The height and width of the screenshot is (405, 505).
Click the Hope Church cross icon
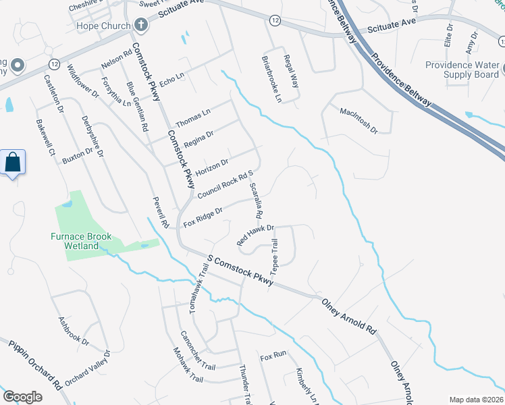click(x=141, y=26)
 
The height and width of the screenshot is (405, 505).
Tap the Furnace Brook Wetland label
click(x=84, y=241)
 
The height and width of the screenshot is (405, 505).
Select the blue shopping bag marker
click(x=13, y=163)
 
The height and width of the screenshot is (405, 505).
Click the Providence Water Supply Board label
click(x=462, y=70)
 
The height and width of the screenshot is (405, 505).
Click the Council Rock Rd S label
click(x=225, y=184)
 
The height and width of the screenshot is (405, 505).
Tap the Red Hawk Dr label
click(x=255, y=234)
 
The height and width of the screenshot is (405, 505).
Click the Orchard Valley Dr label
click(x=86, y=368)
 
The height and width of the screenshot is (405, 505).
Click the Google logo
click(x=22, y=397)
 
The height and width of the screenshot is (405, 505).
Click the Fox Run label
click(x=273, y=355)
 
